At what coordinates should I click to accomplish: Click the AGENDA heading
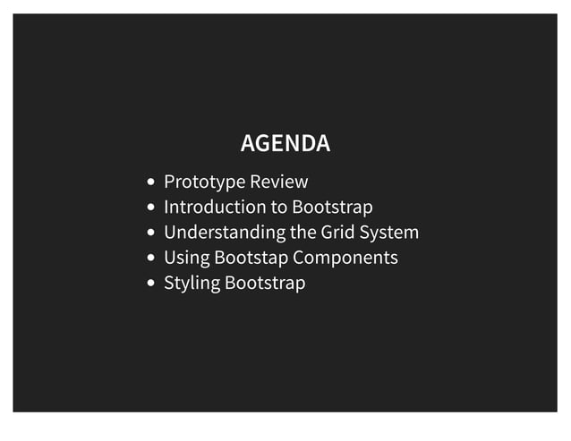pyautogui.click(x=285, y=143)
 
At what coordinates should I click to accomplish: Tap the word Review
pyautogui.click(x=278, y=182)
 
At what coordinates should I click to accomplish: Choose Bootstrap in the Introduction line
pyautogui.click(x=332, y=208)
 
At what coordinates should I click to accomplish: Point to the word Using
pyautogui.click(x=186, y=259)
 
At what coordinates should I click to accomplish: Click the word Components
pyautogui.click(x=345, y=259)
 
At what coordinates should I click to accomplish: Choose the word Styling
pyautogui.click(x=192, y=284)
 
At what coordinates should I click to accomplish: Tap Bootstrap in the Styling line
pyautogui.click(x=265, y=284)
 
